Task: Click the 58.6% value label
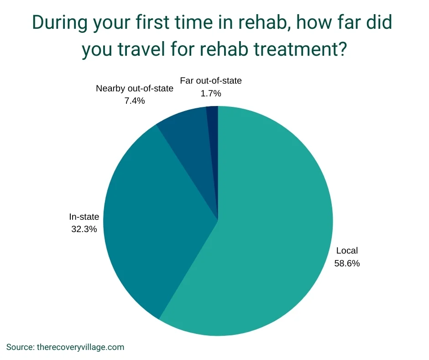347,263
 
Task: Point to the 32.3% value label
84,229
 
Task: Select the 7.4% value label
135,101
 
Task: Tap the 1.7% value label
211,93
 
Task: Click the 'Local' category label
347,250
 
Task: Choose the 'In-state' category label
84,217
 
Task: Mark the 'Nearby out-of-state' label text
135,89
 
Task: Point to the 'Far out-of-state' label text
211,81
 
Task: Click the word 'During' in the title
60,22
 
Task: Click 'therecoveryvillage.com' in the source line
80,347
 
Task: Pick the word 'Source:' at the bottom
21,347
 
